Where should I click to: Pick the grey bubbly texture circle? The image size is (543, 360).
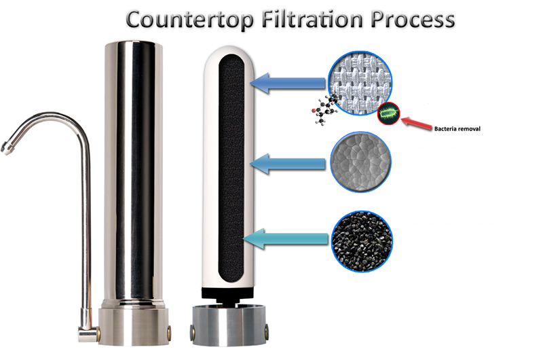point(359,164)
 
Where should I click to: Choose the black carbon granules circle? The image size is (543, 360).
point(360,238)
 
